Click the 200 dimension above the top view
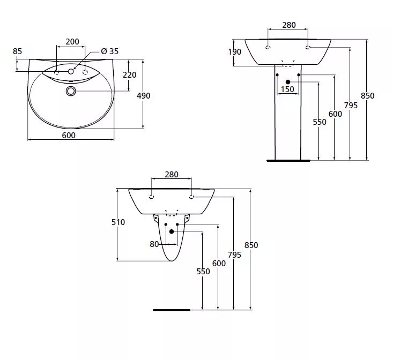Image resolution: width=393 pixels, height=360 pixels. point(72,42)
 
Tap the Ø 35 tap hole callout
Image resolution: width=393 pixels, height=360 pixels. point(109,51)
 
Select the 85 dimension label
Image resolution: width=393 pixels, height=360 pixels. point(17,51)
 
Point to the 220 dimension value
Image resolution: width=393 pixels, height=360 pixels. point(129,75)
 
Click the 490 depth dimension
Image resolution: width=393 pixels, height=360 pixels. point(143,96)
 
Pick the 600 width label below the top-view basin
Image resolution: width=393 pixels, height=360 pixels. point(69,136)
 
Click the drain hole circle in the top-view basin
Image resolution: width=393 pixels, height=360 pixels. point(71,91)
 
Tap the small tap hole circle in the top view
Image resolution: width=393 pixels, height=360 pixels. point(71,72)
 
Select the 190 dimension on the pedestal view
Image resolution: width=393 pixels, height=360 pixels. point(235,52)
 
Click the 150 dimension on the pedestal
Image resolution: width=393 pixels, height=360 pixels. point(287,89)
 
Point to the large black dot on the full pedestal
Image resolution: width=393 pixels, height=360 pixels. point(288,82)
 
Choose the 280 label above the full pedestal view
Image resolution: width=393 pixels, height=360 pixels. point(289,25)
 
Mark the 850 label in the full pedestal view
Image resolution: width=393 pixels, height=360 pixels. point(367,96)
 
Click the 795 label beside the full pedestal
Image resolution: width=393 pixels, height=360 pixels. point(351,106)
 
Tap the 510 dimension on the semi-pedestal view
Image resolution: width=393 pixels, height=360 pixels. point(118,222)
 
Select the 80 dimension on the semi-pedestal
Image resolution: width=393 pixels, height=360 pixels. point(154,244)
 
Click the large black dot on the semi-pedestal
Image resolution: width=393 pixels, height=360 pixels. point(172,231)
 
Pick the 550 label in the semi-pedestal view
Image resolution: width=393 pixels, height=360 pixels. point(203,272)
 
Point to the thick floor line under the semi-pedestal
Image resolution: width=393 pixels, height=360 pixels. point(172,310)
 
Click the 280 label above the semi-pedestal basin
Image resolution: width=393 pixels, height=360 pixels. point(172,175)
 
